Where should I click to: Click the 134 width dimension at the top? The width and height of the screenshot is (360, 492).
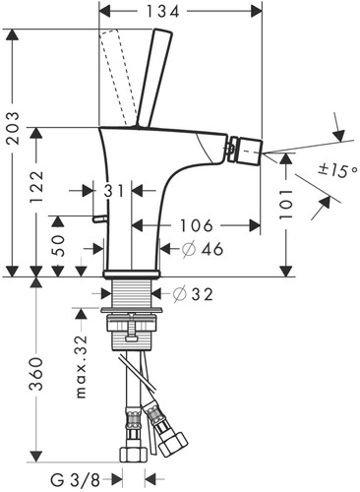point(162,12)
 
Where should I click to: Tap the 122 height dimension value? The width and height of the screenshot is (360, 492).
point(36,186)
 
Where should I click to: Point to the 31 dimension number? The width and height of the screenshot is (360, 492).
point(114,191)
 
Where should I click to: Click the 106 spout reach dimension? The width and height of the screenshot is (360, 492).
point(197,225)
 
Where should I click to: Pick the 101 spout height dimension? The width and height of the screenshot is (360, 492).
point(286,205)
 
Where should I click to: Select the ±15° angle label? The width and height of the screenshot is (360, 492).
point(336,170)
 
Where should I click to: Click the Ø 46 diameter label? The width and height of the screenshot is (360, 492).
point(203,250)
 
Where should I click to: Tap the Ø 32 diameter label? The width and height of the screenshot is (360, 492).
point(193,294)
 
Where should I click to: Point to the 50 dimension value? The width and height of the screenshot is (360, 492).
point(58,244)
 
